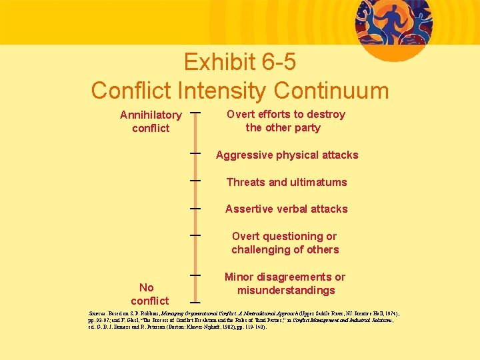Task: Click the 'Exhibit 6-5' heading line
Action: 240,62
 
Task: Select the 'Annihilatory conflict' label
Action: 151,121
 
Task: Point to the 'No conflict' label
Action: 149,294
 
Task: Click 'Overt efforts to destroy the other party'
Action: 285,121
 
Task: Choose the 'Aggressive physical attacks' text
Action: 287,155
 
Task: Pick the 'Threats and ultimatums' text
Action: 287,182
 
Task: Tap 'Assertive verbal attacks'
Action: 287,209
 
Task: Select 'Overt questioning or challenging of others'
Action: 285,243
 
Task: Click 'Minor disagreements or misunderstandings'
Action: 285,283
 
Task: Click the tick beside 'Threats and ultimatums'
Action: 196,180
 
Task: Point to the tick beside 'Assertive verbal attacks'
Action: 196,208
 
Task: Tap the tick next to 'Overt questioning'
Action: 196,235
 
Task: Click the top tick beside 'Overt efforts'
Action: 196,113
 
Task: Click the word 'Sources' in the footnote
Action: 99,312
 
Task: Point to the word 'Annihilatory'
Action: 151,115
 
